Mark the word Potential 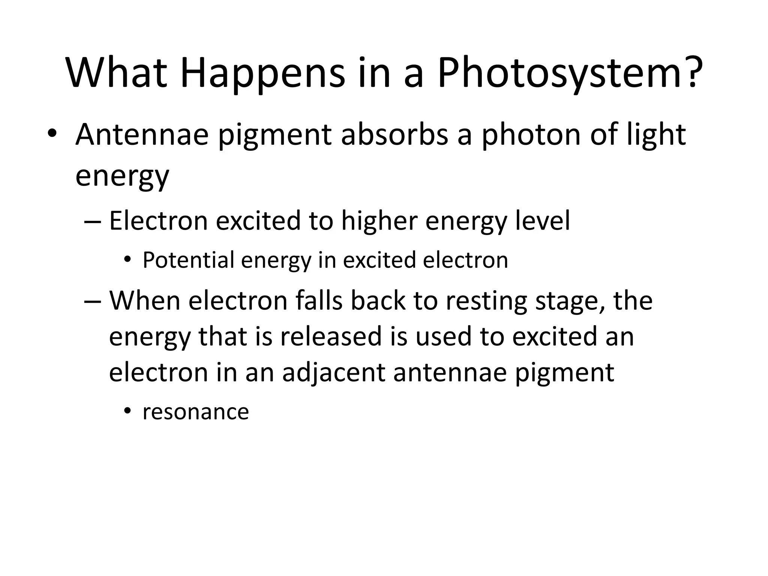[189, 260]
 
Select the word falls [319, 301]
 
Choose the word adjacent [333, 373]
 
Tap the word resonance [196, 412]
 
